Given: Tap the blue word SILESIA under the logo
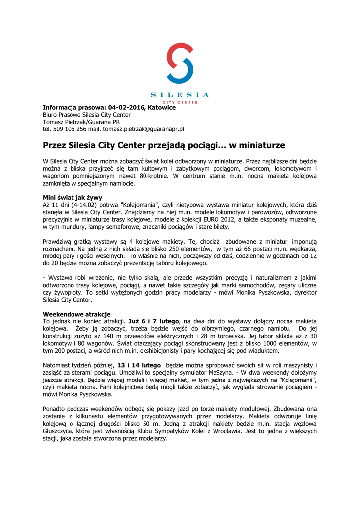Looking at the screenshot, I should point(180,95).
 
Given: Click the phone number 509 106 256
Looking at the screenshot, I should point(67,129).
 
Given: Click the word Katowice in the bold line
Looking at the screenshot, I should point(161,107).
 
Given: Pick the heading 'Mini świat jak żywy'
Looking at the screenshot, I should point(72,197).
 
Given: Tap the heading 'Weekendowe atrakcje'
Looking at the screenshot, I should point(76,314).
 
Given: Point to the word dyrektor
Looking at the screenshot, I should point(305,292).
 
